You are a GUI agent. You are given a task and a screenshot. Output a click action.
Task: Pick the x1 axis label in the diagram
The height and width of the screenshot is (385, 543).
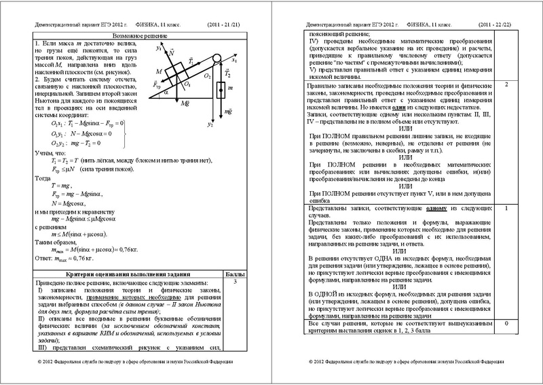(x=235, y=60)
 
